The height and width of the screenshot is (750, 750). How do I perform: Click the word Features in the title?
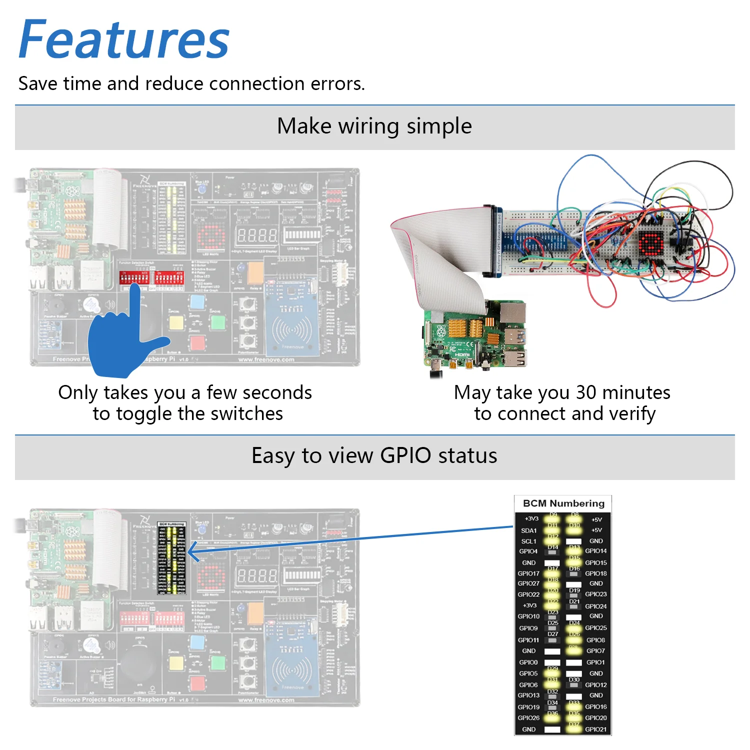pos(124,40)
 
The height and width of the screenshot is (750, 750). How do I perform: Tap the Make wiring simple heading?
pos(374,126)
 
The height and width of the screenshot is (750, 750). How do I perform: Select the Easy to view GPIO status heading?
pos(374,455)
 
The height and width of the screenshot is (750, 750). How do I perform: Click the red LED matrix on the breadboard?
pos(650,243)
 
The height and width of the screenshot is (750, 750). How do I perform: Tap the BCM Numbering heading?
pos(563,503)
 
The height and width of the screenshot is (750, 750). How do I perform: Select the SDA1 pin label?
pos(528,530)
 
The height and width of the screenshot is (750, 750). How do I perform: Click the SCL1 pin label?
pos(528,541)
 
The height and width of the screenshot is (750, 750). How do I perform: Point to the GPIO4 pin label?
pos(528,551)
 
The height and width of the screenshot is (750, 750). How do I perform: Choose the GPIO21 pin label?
pos(595,729)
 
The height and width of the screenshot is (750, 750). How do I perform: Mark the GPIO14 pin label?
pos(595,551)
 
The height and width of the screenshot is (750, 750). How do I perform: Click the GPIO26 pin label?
pos(528,718)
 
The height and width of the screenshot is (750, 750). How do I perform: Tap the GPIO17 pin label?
pos(528,573)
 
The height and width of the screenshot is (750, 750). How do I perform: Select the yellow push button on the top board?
pos(176,322)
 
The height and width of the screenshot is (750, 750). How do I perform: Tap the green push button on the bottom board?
pos(218,663)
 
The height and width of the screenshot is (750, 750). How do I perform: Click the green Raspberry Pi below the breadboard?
pos(475,335)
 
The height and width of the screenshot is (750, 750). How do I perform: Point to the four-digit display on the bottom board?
pos(256,575)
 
